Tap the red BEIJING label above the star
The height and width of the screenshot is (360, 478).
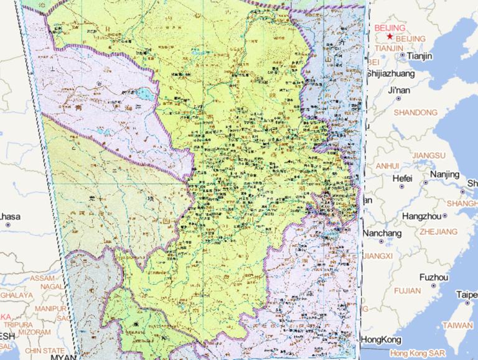pyautogui.click(x=390, y=28)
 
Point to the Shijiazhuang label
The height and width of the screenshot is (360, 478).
pyautogui.click(x=390, y=73)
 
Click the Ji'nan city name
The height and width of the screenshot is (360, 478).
pyautogui.click(x=399, y=91)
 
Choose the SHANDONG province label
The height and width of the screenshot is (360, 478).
pyautogui.click(x=415, y=113)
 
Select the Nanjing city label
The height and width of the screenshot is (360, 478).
pyautogui.click(x=444, y=174)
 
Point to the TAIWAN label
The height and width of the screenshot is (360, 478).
pyautogui.click(x=457, y=325)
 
